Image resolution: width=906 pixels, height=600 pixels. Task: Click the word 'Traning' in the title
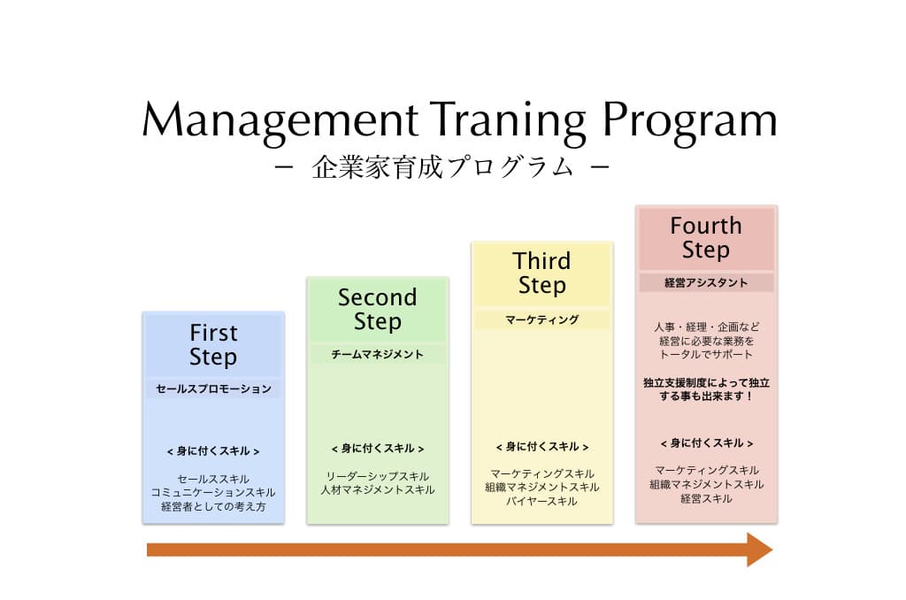pos(508,122)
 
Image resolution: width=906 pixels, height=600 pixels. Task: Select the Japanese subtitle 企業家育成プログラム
pos(442,167)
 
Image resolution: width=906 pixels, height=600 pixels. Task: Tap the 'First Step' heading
pos(213,345)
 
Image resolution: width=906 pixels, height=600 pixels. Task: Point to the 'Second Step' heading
pos(377,309)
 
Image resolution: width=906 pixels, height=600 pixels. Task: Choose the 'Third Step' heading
pos(541,273)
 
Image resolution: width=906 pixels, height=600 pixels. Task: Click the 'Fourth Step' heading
pos(706,237)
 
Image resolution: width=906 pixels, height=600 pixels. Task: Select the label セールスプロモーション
pos(213,389)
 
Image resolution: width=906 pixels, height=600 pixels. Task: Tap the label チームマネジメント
pos(377,354)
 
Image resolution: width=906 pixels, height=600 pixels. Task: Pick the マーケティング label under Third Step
pos(542,319)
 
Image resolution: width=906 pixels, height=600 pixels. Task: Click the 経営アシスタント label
pos(706,282)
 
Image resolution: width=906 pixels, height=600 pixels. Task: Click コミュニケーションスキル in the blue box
pos(213,493)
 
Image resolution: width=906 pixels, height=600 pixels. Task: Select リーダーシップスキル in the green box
pos(377,476)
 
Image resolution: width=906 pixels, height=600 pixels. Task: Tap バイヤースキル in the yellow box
pos(541,501)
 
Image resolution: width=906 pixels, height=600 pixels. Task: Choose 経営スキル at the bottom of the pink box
pos(706,498)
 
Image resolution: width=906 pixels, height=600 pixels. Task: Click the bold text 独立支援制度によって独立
pos(706,382)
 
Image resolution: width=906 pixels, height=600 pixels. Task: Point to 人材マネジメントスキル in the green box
pos(377,489)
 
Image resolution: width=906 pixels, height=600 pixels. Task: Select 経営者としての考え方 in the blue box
pos(213,506)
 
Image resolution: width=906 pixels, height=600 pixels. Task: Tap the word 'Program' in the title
pos(690,122)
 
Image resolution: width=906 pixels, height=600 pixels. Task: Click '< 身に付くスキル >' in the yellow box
pos(542,447)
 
